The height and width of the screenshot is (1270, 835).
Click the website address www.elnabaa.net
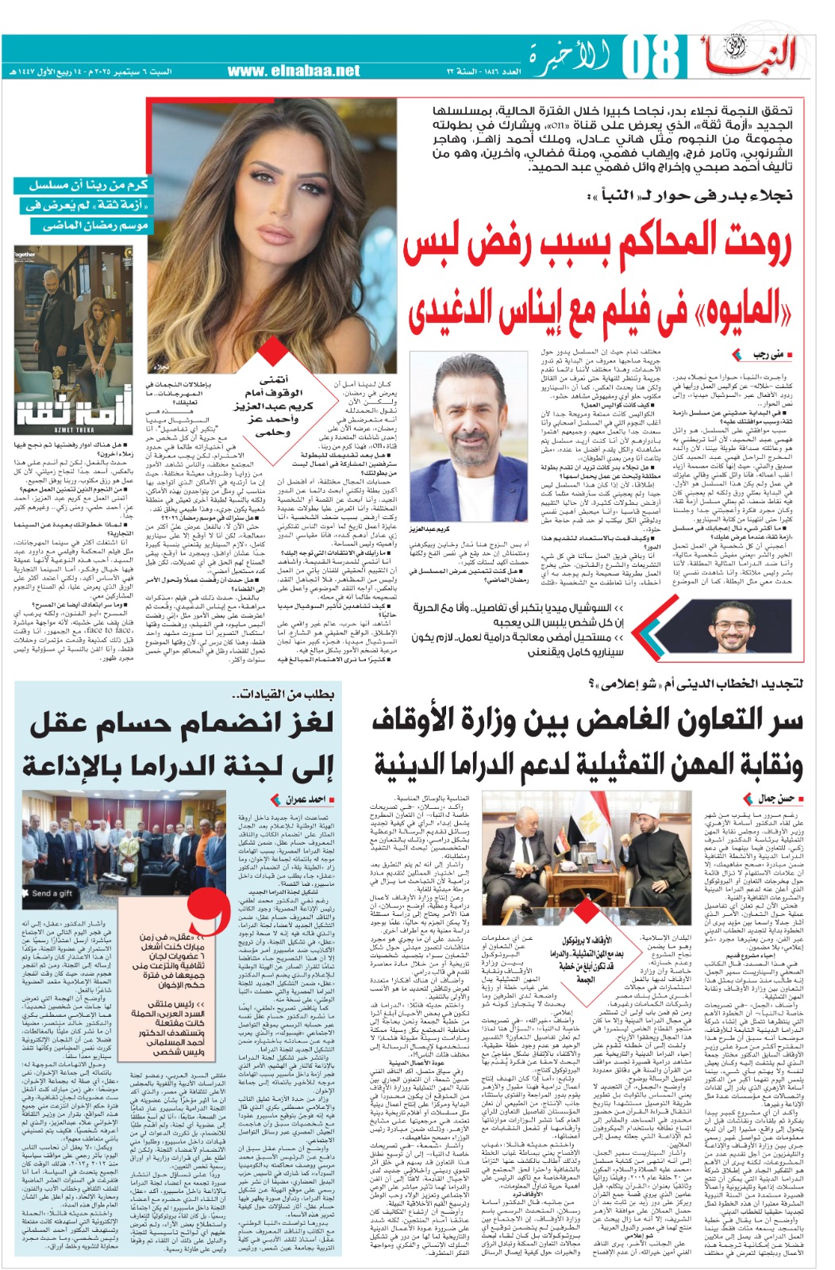[x=294, y=71]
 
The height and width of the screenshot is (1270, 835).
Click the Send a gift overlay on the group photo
[x=52, y=893]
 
